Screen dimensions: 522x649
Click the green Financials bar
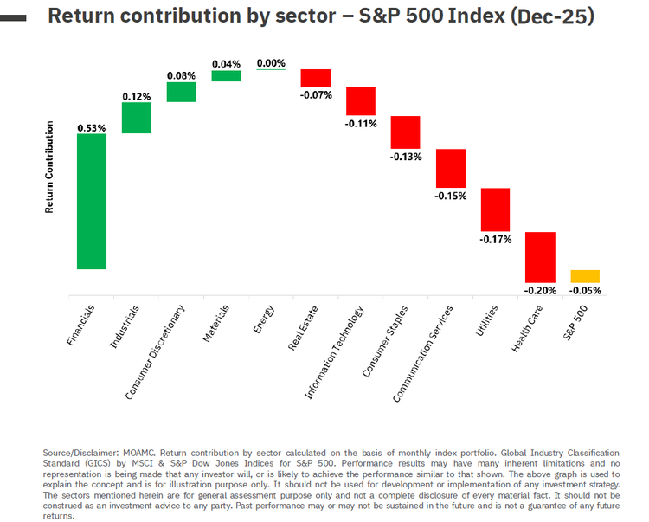pyautogui.click(x=91, y=201)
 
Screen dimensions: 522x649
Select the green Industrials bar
pyautogui.click(x=136, y=118)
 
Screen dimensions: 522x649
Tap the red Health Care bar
pyautogui.click(x=540, y=257)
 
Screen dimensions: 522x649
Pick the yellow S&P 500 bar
pyautogui.click(x=585, y=276)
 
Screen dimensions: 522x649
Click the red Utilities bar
pyautogui.click(x=495, y=209)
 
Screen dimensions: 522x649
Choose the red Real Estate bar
pyautogui.click(x=316, y=78)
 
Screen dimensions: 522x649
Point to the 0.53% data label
pyautogui.click(x=91, y=127)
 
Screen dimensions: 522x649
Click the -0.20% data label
pyautogui.click(x=540, y=290)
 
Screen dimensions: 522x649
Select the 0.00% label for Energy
pyautogui.click(x=271, y=62)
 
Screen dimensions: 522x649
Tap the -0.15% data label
pyautogui.click(x=451, y=196)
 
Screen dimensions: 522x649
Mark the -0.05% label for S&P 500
pyautogui.click(x=585, y=290)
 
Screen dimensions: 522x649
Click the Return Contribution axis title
pyautogui.click(x=49, y=166)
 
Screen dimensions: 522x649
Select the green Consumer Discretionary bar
pyautogui.click(x=181, y=92)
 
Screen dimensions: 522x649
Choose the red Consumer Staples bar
pyautogui.click(x=405, y=132)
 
